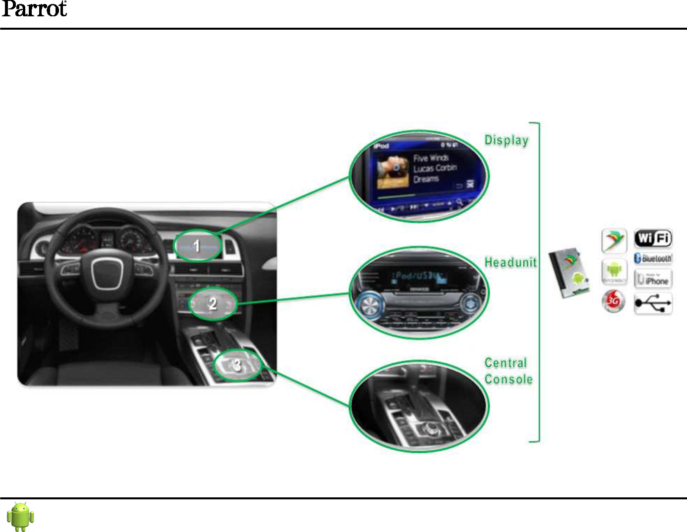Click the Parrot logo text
[x=34, y=9]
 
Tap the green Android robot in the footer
[x=20, y=516]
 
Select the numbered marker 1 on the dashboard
[x=197, y=246]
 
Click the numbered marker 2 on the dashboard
[x=213, y=303]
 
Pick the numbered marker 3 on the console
[x=237, y=365]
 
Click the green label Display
[x=506, y=140]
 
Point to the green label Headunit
[x=510, y=262]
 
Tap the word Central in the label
[x=506, y=363]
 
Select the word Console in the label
[x=509, y=379]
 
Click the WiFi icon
[x=653, y=239]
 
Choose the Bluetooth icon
[x=653, y=258]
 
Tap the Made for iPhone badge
[x=653, y=279]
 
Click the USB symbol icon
[x=653, y=303]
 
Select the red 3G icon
[x=614, y=301]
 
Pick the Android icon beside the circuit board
[x=614, y=271]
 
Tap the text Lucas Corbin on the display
[x=435, y=168]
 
